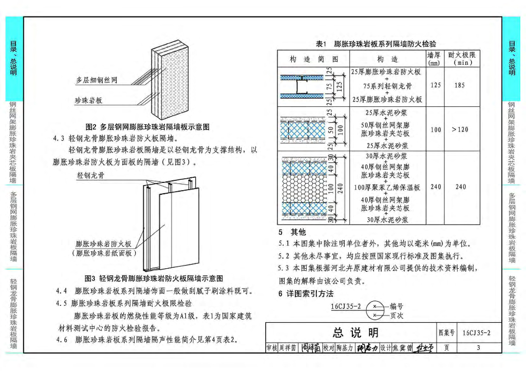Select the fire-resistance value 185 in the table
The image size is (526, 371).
(460, 85)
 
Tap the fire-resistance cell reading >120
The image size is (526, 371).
(460, 129)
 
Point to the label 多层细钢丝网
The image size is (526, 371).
(97, 80)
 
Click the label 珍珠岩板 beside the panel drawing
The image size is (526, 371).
(88, 100)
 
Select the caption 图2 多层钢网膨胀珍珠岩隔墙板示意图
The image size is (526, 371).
(147, 127)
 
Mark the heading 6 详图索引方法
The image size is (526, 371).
(306, 294)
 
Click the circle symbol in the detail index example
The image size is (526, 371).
(375, 310)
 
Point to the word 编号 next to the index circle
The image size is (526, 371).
(397, 306)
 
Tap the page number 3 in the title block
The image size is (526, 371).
(478, 348)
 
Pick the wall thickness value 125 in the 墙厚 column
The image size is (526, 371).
(435, 85)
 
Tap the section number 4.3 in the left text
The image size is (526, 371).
(59, 138)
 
